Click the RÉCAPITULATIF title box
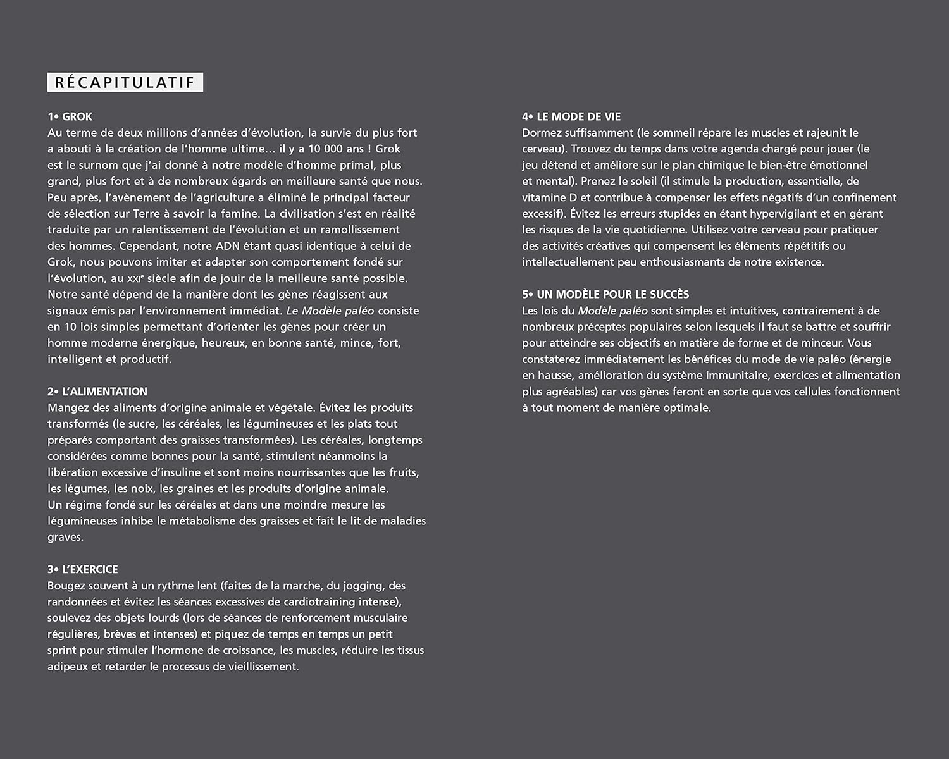[125, 82]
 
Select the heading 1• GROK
[70, 116]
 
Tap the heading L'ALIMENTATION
[104, 392]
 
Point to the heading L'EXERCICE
[90, 569]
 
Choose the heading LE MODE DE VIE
[578, 116]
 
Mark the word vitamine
[545, 197]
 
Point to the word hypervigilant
[774, 214]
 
